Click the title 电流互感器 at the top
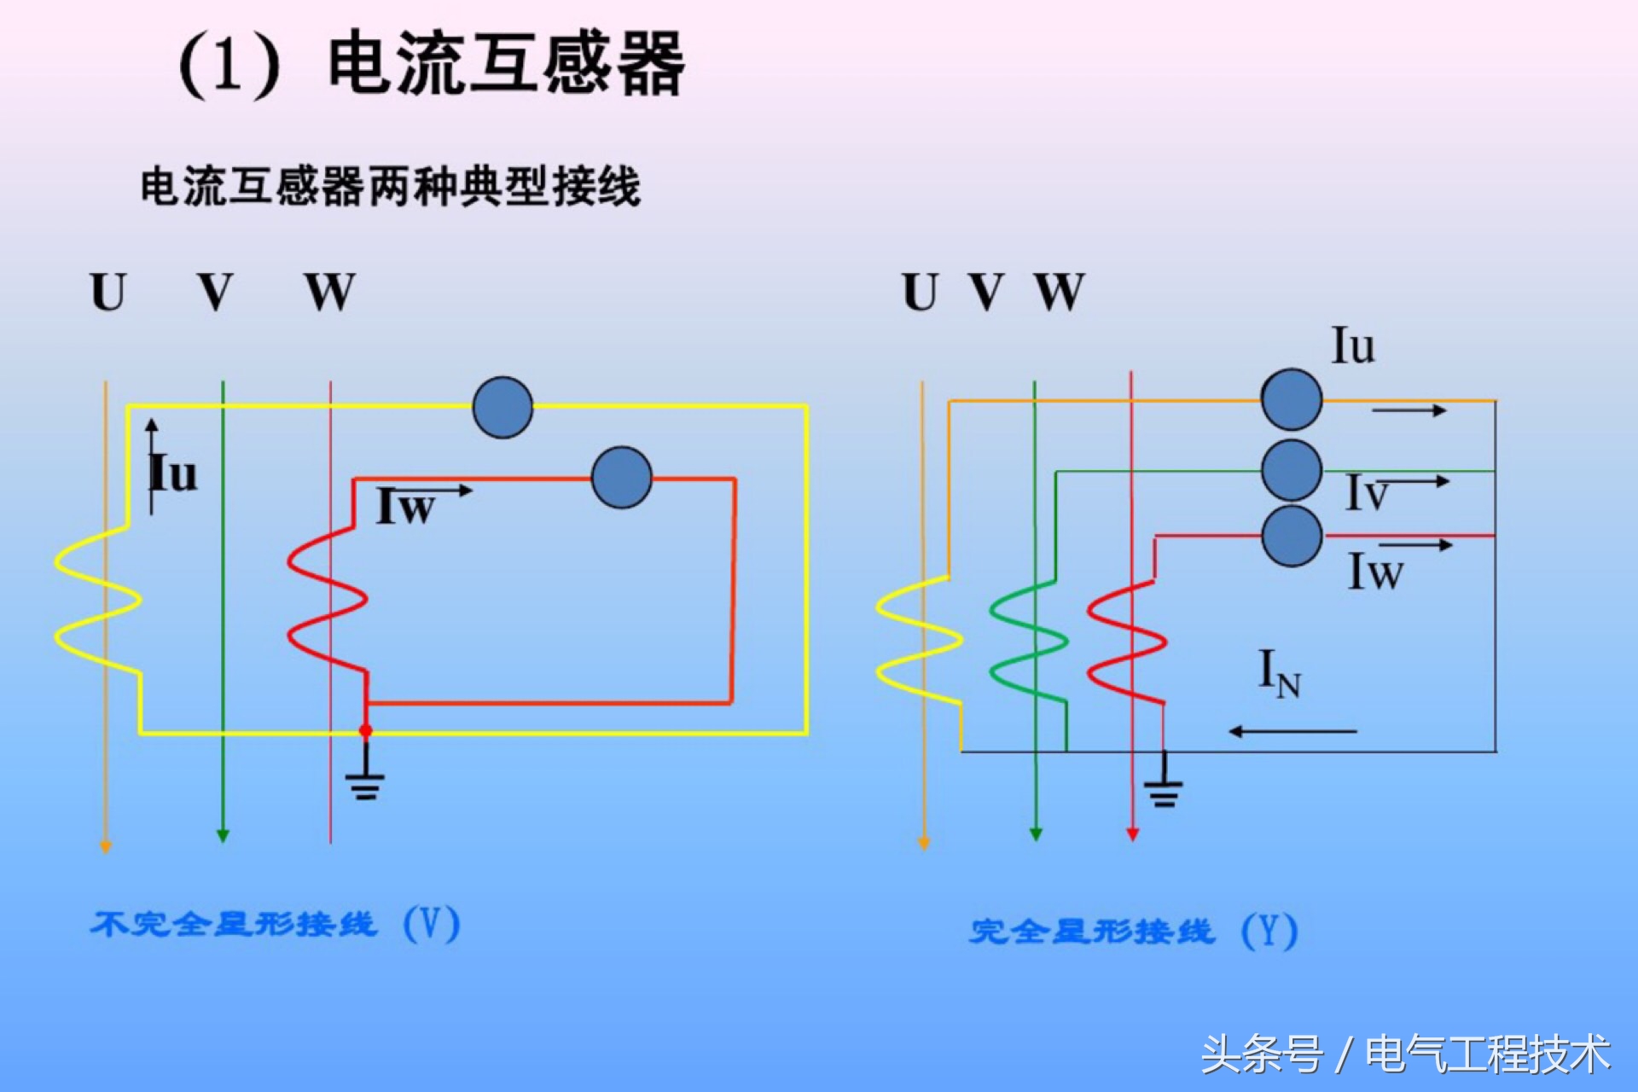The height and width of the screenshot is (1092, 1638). tap(505, 64)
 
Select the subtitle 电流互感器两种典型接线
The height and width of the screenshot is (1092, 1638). tap(390, 186)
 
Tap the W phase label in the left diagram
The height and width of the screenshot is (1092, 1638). tap(329, 293)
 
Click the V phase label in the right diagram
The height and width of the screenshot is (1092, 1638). tap(987, 293)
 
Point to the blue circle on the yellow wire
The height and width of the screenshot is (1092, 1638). tap(502, 408)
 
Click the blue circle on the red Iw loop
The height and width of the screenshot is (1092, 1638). tap(621, 478)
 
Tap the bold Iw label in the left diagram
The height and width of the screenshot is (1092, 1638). tap(406, 507)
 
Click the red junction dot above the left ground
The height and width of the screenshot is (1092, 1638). tap(366, 731)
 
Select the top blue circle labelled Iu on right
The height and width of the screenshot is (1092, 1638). tap(1292, 399)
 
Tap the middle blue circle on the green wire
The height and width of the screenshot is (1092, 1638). tap(1292, 470)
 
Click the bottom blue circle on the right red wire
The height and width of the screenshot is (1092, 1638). tap(1292, 536)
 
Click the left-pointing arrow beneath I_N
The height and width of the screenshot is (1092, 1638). tap(1292, 731)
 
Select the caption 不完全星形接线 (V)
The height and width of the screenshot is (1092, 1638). tap(275, 924)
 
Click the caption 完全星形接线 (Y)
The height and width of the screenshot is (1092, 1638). tap(1133, 931)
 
